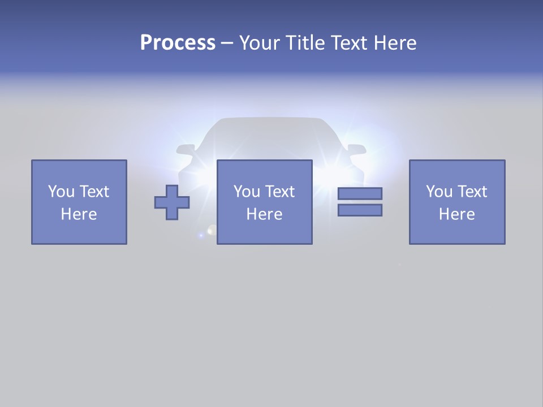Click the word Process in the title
(178, 43)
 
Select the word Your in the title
(260, 43)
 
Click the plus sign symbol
(172, 202)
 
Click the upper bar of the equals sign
(360, 193)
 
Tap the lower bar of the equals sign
(360, 210)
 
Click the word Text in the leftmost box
(94, 192)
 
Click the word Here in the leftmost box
(79, 214)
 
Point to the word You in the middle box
(247, 192)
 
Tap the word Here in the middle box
(265, 214)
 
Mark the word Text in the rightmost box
(472, 192)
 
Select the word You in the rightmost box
(439, 192)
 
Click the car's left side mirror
(186, 150)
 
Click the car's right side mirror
(356, 150)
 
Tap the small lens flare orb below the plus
(212, 230)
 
